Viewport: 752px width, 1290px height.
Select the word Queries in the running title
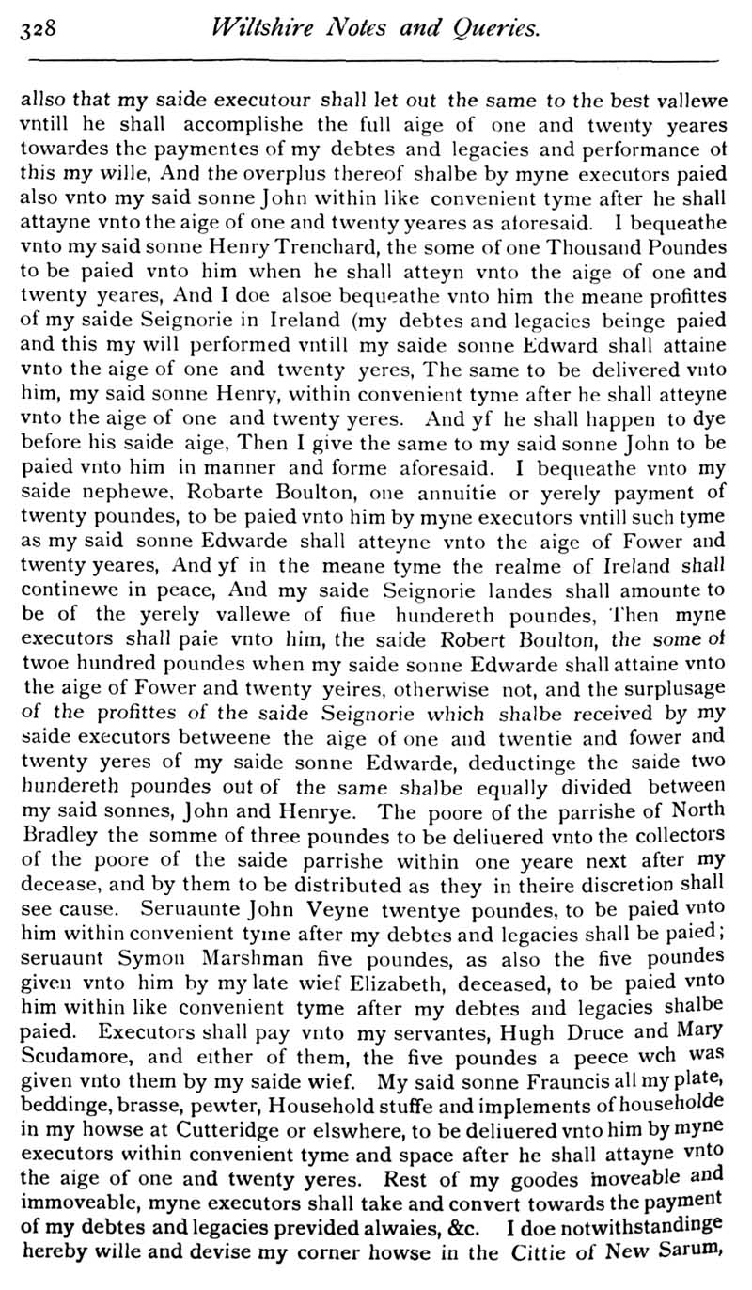click(494, 29)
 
